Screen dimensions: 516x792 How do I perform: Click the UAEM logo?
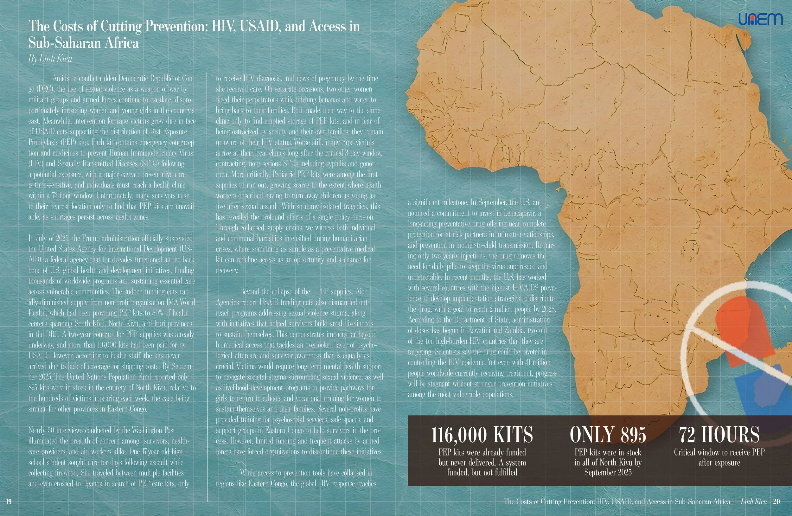pyautogui.click(x=760, y=19)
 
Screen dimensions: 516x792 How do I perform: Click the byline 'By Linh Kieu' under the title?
pyautogui.click(x=50, y=59)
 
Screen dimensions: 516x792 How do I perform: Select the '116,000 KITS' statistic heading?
pyautogui.click(x=482, y=435)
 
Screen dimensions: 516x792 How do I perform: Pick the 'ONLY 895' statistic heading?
pyautogui.click(x=608, y=435)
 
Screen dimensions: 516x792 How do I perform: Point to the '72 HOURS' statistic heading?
pyautogui.click(x=719, y=435)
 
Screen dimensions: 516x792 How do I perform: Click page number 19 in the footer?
pyautogui.click(x=9, y=501)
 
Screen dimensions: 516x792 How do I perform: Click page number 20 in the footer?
pyautogui.click(x=776, y=501)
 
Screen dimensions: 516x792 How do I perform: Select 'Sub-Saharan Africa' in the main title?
pyautogui.click(x=84, y=43)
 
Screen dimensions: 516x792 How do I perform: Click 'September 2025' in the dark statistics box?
pyautogui.click(x=608, y=472)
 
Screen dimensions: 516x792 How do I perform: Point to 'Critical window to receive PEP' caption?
pyautogui.click(x=719, y=452)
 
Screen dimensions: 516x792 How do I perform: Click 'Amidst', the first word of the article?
pyautogui.click(x=61, y=79)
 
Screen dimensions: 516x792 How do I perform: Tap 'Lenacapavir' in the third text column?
pyautogui.click(x=520, y=213)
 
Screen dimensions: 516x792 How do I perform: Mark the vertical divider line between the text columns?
pyautogui.click(x=208, y=286)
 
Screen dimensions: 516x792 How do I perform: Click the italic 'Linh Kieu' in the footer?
pyautogui.click(x=753, y=501)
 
